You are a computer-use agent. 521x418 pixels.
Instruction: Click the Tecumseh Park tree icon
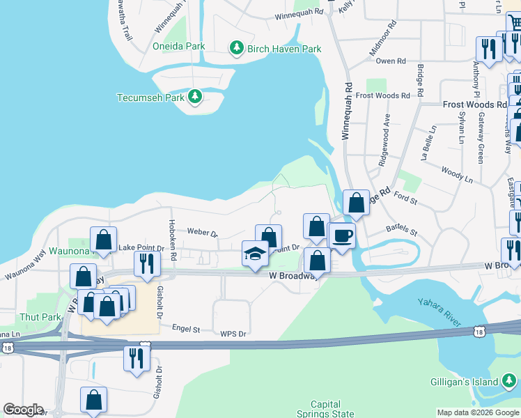[196, 97]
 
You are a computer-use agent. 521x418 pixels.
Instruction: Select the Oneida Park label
[179, 47]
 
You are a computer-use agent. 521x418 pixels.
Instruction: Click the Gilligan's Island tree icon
[510, 380]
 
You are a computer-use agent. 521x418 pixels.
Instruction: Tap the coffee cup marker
[341, 235]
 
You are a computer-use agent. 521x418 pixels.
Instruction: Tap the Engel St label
[186, 327]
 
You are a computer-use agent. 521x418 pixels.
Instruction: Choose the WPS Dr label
[233, 334]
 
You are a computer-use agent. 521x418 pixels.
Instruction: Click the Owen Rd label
[391, 61]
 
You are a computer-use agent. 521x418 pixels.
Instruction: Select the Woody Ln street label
[457, 173]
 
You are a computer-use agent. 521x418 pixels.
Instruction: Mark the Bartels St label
[401, 231]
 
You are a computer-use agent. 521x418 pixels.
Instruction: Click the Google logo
[23, 410]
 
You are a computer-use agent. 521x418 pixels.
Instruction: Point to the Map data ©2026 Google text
[478, 412]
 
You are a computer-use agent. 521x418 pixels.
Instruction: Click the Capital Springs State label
[326, 409]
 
